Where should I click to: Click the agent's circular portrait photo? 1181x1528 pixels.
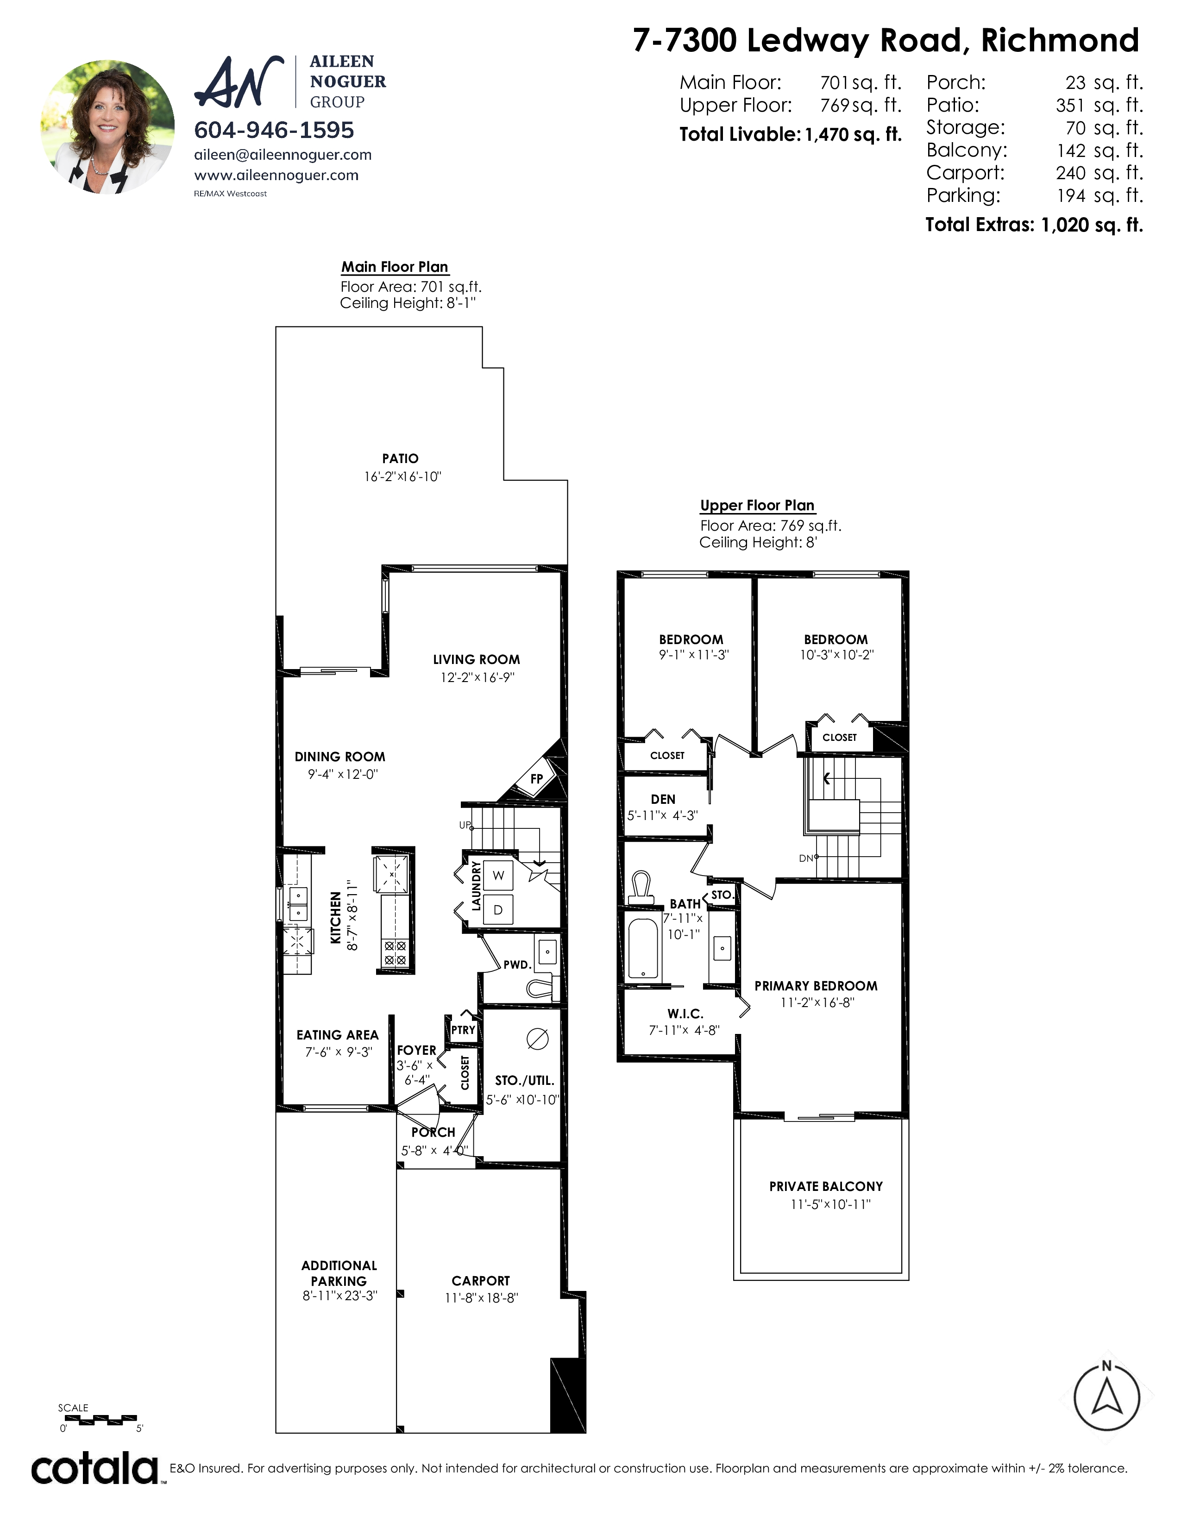click(x=108, y=126)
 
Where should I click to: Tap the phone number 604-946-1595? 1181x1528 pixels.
click(x=274, y=130)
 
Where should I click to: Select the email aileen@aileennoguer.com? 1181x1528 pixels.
click(x=283, y=155)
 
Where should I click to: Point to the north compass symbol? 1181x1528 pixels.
click(x=1107, y=1398)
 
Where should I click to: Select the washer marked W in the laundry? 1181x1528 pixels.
click(x=498, y=875)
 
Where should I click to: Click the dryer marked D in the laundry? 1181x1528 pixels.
click(x=498, y=909)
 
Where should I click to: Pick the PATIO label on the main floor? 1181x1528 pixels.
click(x=400, y=458)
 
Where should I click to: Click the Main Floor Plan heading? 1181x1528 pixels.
click(x=395, y=267)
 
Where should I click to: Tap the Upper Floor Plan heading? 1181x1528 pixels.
click(x=757, y=505)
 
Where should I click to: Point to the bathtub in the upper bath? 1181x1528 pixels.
click(x=643, y=948)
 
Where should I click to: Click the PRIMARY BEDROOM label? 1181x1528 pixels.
click(x=816, y=986)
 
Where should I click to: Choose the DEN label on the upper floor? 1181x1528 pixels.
click(x=663, y=799)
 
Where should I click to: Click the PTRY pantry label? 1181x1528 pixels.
click(x=463, y=1030)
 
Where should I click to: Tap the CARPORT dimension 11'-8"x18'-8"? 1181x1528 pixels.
click(x=481, y=1298)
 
